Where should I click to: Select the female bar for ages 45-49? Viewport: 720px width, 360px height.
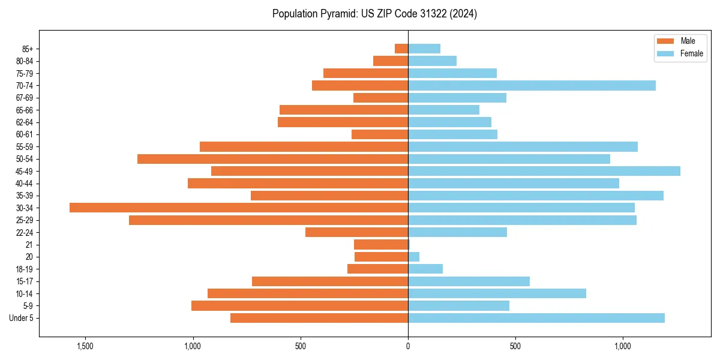click(x=544, y=171)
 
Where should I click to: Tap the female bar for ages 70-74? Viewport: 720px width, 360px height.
click(x=532, y=85)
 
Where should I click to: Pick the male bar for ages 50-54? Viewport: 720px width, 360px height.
click(x=272, y=159)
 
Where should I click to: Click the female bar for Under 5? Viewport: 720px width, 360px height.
click(x=536, y=318)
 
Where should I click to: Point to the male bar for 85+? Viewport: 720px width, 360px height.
click(x=401, y=49)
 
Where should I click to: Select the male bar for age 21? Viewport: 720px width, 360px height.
click(x=381, y=245)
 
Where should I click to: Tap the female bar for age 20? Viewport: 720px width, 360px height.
click(x=414, y=257)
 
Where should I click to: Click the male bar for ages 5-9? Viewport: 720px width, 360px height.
click(x=299, y=306)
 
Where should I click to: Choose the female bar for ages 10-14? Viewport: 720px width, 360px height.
click(x=497, y=293)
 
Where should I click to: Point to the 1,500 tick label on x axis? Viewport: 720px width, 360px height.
click(x=85, y=346)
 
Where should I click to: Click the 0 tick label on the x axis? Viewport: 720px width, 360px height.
click(x=408, y=346)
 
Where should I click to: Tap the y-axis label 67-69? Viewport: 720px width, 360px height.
click(x=25, y=98)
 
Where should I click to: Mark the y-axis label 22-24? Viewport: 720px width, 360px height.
click(x=25, y=233)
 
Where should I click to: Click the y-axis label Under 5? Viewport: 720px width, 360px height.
click(x=22, y=318)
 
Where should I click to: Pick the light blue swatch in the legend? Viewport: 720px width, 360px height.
click(x=666, y=53)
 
